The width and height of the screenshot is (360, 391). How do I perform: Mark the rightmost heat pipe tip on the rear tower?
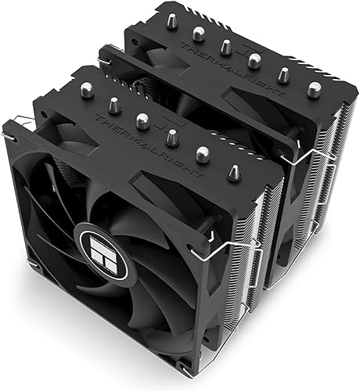(x=315, y=88)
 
